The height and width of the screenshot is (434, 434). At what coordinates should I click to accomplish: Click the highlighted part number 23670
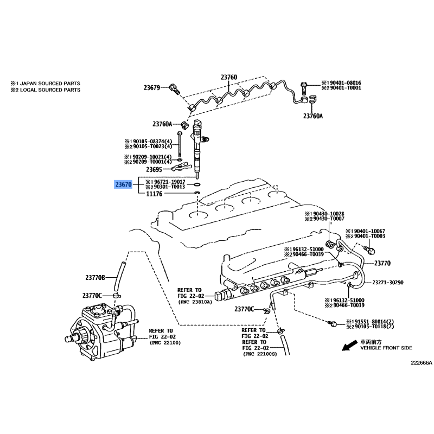coord(124,184)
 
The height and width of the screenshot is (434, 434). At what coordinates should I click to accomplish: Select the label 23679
coord(152,88)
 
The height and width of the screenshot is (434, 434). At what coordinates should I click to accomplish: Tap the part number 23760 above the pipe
coord(229,77)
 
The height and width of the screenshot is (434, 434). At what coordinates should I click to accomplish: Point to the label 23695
coord(154,169)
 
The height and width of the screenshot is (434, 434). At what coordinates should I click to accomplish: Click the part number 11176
coord(154,194)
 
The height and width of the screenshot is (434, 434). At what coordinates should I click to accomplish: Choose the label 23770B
coord(95,277)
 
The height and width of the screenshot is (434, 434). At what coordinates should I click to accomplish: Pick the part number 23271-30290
coord(388,283)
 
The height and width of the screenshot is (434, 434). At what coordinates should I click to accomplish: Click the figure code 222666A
coord(422,362)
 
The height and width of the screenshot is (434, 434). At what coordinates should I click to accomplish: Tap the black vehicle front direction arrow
coord(349,346)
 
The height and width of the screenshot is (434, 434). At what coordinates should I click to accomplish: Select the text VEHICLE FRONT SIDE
coord(386,348)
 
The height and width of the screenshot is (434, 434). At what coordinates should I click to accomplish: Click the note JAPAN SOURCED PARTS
coord(50,84)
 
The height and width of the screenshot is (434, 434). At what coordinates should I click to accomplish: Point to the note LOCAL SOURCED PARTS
coord(50,90)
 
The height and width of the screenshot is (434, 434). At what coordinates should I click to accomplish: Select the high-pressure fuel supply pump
coord(101,331)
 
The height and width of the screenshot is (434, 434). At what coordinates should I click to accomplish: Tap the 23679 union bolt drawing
coord(174,88)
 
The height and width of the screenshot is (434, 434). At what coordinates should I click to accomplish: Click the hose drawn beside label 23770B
coord(118,277)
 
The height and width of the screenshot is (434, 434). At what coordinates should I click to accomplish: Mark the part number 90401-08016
coord(344,83)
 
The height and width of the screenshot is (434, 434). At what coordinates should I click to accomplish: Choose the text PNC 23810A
coord(195,302)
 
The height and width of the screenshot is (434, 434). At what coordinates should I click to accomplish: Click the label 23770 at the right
coord(382,263)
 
